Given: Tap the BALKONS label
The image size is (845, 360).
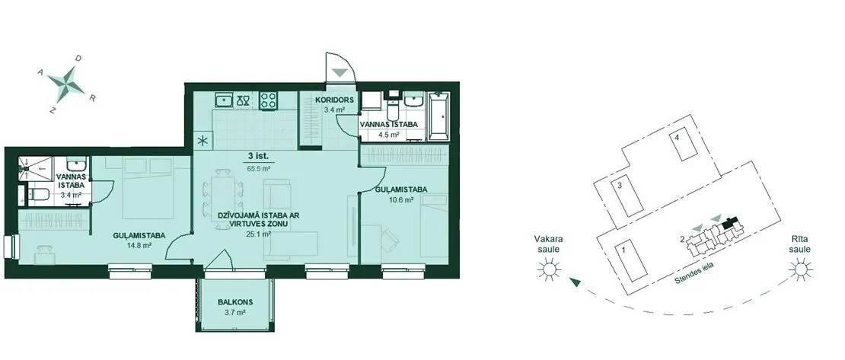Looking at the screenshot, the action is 235,302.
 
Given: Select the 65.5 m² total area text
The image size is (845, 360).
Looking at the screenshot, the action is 259,168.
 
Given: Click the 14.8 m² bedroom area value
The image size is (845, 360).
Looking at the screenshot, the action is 139,245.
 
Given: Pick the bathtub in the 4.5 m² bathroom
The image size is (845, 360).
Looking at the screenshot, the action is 438,116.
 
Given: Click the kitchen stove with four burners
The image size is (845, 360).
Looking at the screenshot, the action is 269,100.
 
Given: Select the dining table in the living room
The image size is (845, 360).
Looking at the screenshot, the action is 222,192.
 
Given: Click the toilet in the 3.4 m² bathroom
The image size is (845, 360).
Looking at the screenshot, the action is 38,194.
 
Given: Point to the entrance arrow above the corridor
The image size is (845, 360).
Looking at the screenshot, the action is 340,73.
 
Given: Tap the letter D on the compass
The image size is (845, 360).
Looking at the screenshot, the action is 78,58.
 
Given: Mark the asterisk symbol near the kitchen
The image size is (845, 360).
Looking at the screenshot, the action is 203,142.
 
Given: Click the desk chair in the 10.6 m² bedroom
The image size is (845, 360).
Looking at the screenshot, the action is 388,239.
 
